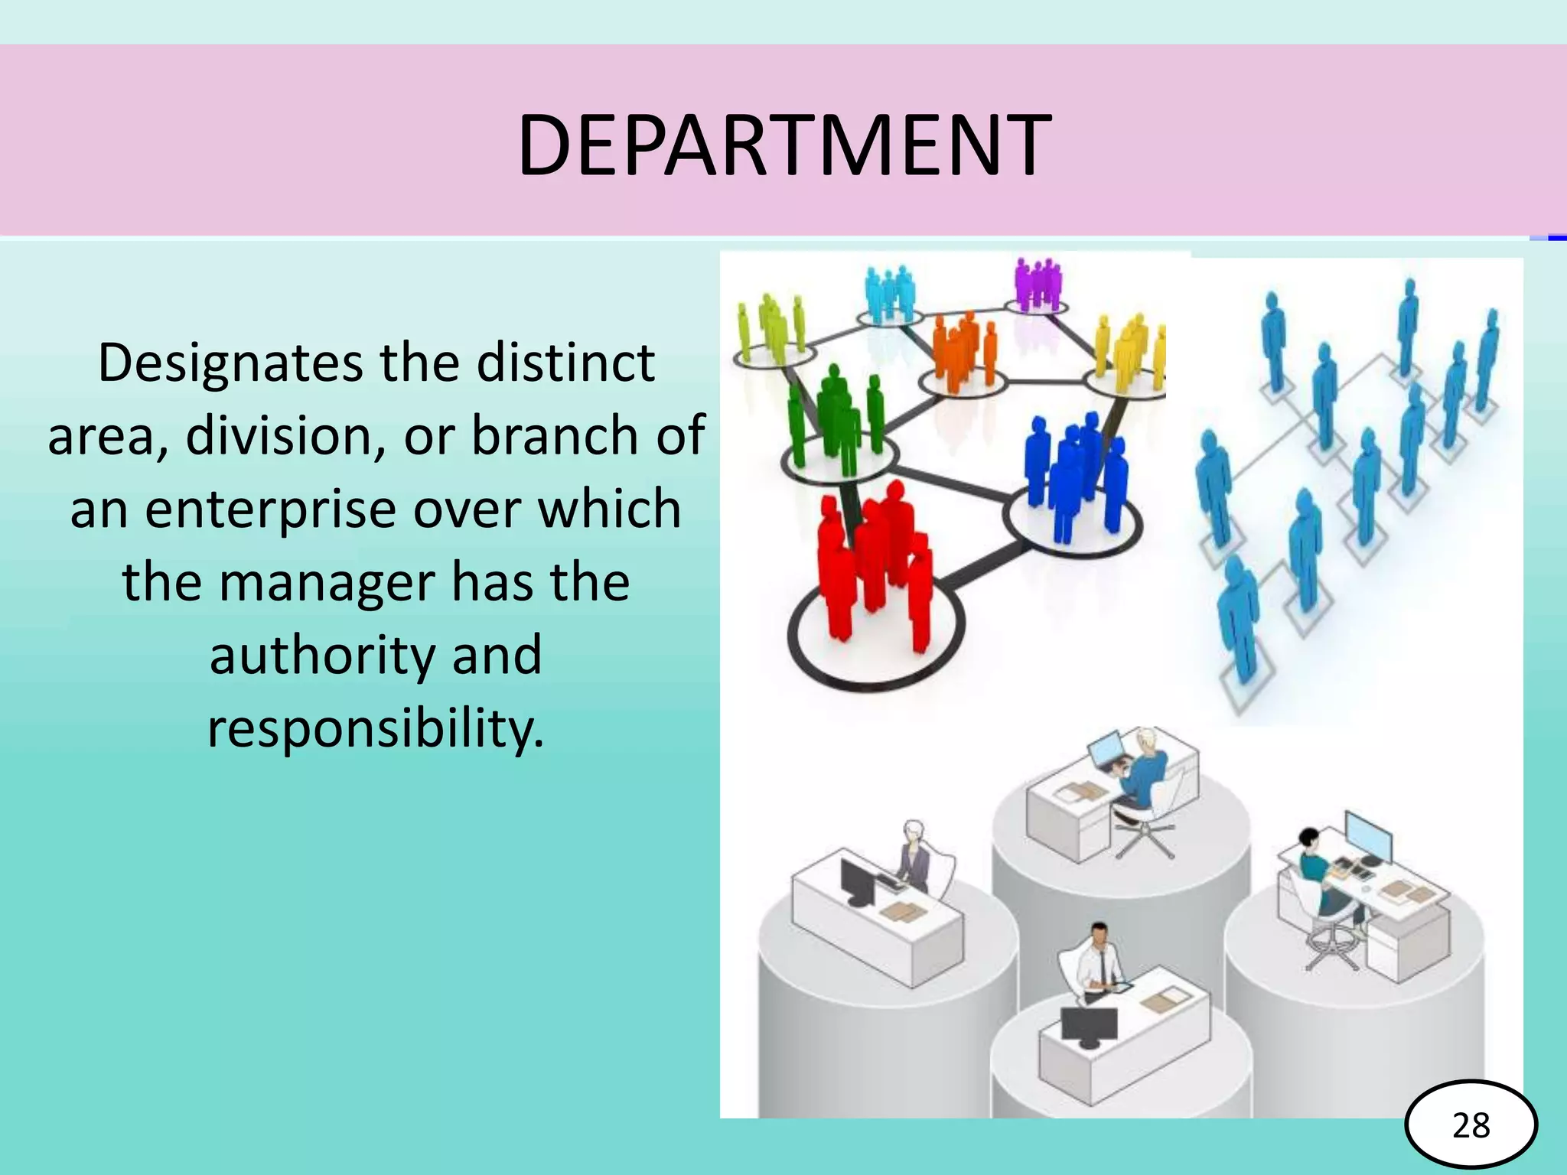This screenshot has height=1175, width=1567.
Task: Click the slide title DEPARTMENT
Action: pyautogui.click(x=783, y=144)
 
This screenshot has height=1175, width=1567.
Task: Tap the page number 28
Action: pyautogui.click(x=1471, y=1125)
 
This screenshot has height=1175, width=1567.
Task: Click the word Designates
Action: pyautogui.click(x=230, y=363)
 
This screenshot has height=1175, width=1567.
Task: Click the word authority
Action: pyautogui.click(x=321, y=656)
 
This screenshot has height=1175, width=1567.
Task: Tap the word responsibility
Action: pyautogui.click(x=376, y=728)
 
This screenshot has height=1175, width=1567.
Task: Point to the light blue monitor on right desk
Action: pyautogui.click(x=1368, y=837)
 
